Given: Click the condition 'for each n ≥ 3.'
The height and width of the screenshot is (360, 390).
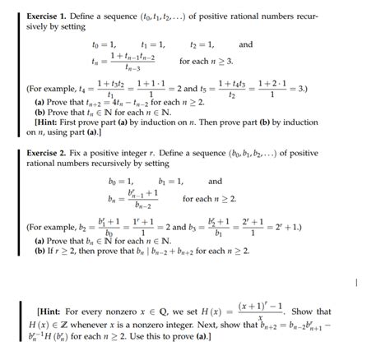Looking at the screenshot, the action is [x=207, y=61].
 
